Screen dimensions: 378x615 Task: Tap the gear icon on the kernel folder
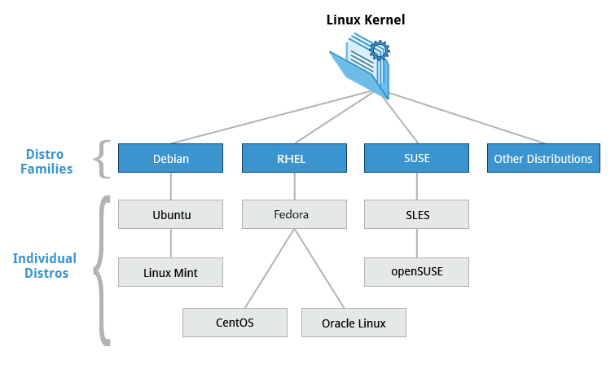(379, 51)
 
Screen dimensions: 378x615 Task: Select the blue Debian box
(170, 159)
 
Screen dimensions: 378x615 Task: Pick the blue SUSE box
(416, 159)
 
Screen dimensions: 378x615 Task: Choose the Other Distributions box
(543, 159)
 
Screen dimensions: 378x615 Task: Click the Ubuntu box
(170, 215)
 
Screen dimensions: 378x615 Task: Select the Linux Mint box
(170, 271)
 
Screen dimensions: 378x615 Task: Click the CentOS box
(235, 323)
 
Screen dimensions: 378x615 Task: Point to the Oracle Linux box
(354, 323)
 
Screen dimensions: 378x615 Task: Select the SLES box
(416, 215)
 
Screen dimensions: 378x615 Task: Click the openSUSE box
(416, 271)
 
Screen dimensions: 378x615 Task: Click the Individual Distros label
(45, 266)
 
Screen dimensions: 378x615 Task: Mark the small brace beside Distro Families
(102, 159)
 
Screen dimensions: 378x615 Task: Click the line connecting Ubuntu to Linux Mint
(170, 243)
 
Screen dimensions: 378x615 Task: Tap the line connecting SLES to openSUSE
(416, 243)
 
